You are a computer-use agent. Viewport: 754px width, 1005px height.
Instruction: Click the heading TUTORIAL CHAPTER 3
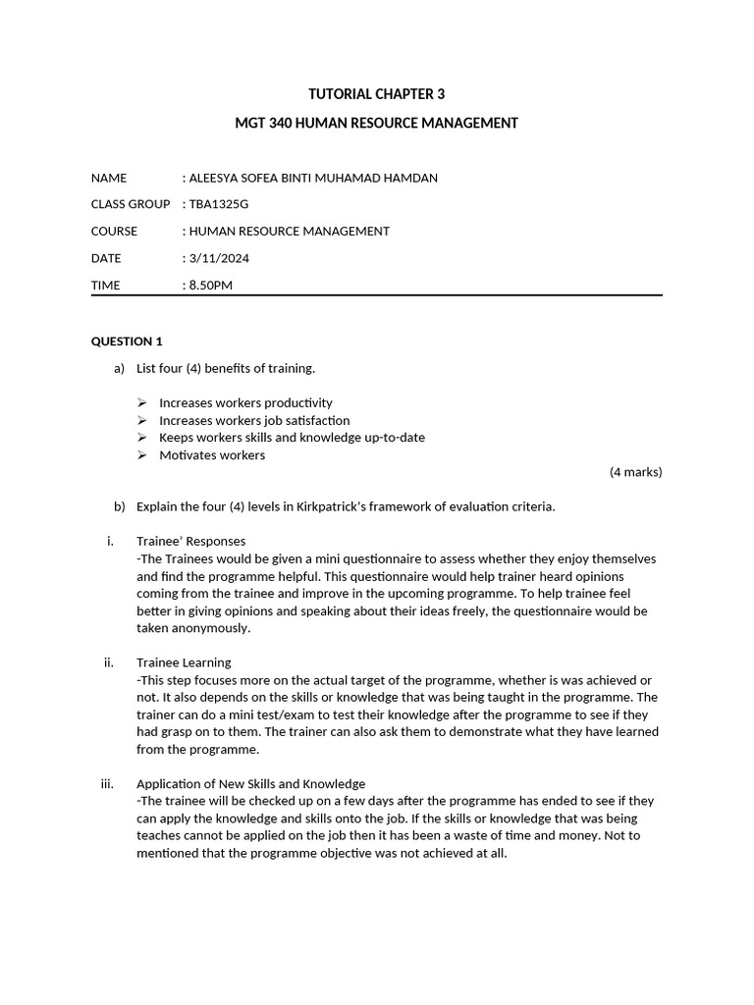pyautogui.click(x=376, y=94)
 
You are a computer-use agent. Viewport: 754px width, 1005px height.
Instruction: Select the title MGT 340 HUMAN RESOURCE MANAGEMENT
pyautogui.click(x=376, y=123)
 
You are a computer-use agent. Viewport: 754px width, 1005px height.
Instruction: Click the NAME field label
pyautogui.click(x=109, y=178)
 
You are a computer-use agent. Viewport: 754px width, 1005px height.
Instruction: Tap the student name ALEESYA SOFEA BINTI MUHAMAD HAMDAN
pyautogui.click(x=313, y=178)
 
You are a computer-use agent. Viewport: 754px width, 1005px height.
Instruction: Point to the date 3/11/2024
pyautogui.click(x=218, y=258)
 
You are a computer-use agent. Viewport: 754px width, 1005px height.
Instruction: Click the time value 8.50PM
pyautogui.click(x=211, y=286)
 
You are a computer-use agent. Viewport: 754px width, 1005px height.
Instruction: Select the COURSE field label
pyautogui.click(x=114, y=232)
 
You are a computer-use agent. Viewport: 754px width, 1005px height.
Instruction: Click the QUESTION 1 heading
pyautogui.click(x=127, y=342)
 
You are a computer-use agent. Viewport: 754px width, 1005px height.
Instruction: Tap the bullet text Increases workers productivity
pyautogui.click(x=245, y=402)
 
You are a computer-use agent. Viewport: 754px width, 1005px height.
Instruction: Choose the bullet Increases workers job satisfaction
pyautogui.click(x=254, y=420)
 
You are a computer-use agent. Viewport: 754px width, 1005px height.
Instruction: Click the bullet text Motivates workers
pyautogui.click(x=212, y=455)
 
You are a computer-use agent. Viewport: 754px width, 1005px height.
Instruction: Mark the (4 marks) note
pyautogui.click(x=635, y=472)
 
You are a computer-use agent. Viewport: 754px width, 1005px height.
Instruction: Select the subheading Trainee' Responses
pyautogui.click(x=190, y=541)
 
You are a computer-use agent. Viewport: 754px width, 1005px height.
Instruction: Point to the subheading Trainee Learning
pyautogui.click(x=184, y=662)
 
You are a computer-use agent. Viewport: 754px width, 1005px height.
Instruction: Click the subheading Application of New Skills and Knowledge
pyautogui.click(x=250, y=783)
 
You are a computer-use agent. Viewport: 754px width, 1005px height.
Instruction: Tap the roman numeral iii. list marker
pyautogui.click(x=108, y=783)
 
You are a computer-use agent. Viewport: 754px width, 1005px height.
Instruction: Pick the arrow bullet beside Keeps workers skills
pyautogui.click(x=142, y=438)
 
